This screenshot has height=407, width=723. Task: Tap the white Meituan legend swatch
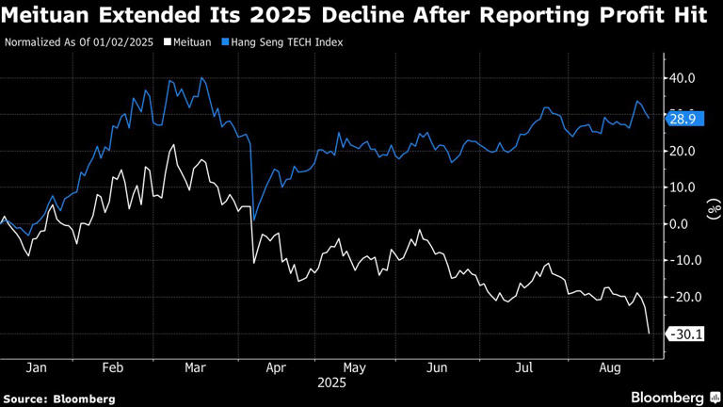(168, 42)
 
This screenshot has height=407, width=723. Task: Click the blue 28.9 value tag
(681, 119)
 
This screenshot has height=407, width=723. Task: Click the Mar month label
(195, 367)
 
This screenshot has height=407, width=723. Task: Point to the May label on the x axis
(354, 367)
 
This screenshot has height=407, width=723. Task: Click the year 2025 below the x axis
(331, 383)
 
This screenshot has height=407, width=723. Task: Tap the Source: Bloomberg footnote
(59, 399)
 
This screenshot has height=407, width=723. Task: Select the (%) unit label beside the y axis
(713, 206)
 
